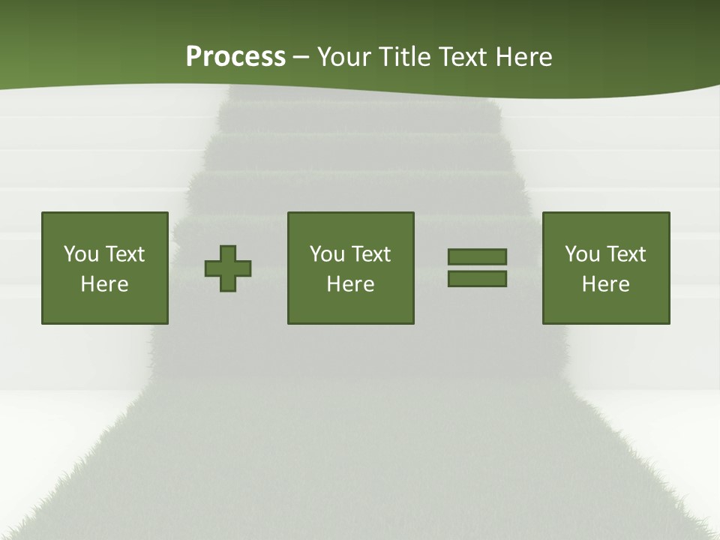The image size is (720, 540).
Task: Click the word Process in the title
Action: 235,57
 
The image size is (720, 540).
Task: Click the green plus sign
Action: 228,268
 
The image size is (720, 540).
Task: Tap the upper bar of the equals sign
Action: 477,256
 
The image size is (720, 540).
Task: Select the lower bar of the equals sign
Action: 477,279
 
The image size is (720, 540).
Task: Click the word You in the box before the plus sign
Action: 81,254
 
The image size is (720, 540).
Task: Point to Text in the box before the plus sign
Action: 124,254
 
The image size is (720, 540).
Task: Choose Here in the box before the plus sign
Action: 104,284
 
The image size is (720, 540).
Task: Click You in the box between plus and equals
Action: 327,254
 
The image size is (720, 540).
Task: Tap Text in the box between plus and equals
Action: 370,254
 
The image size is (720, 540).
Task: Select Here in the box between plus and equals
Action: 350,284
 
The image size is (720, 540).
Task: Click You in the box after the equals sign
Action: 582,254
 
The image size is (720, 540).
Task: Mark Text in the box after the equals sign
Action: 625,254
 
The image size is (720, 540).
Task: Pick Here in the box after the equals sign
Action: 605,284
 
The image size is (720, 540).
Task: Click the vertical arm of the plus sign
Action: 228,252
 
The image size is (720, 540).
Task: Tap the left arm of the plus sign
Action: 212,268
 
